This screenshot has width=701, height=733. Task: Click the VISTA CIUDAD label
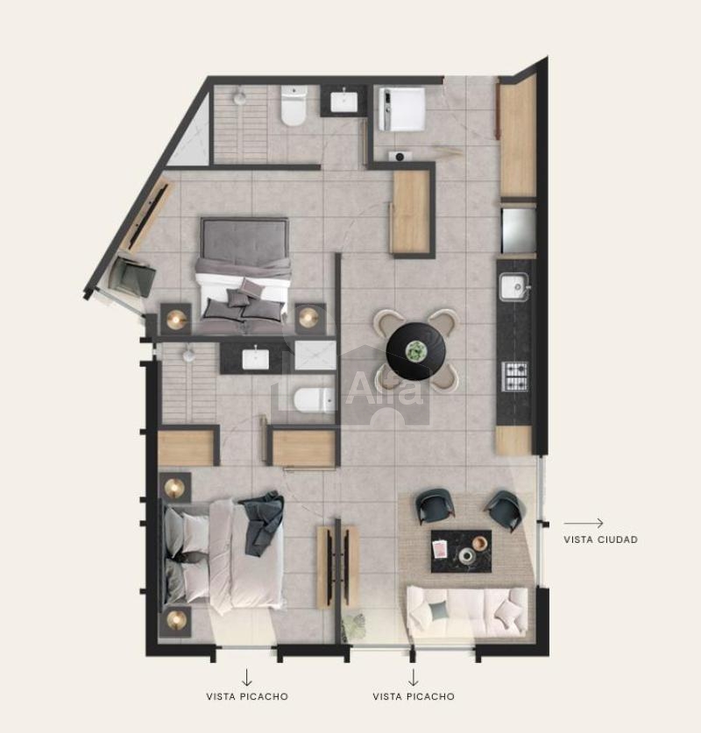click(x=600, y=539)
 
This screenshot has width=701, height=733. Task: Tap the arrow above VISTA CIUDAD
click(x=584, y=524)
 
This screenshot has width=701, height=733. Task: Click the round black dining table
click(x=415, y=351)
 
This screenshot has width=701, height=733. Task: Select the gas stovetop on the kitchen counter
click(x=515, y=376)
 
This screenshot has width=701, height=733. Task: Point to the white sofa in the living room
click(x=467, y=612)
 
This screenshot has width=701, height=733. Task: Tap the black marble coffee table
click(x=461, y=551)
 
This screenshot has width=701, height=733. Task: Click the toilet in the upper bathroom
click(x=294, y=106)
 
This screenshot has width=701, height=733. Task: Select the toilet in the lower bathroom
click(x=314, y=399)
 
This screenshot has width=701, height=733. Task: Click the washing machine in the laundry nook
click(x=401, y=109)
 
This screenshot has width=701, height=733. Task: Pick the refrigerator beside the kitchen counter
click(x=519, y=230)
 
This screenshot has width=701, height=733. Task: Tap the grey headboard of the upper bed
click(x=244, y=238)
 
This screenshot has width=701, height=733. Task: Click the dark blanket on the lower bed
click(x=262, y=523)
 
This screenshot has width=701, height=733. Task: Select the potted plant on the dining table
click(x=414, y=351)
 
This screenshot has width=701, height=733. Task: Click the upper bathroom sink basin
click(x=344, y=102)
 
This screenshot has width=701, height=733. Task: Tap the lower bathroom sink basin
click(x=255, y=358)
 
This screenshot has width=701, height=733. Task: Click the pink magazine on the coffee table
click(x=440, y=549)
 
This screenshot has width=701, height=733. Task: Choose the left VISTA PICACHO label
click(x=247, y=696)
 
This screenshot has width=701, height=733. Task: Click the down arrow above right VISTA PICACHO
click(x=413, y=677)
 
